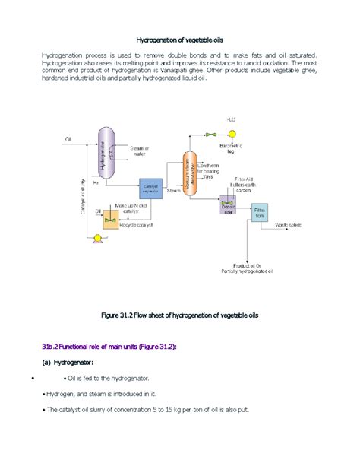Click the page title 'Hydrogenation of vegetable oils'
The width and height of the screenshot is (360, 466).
[x=180, y=39]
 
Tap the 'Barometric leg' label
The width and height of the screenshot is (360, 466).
[x=230, y=147]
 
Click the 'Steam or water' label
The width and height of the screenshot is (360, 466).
[x=141, y=151]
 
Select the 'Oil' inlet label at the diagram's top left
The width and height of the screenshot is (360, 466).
[x=68, y=138]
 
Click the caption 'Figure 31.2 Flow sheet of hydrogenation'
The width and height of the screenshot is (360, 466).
[x=180, y=315]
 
